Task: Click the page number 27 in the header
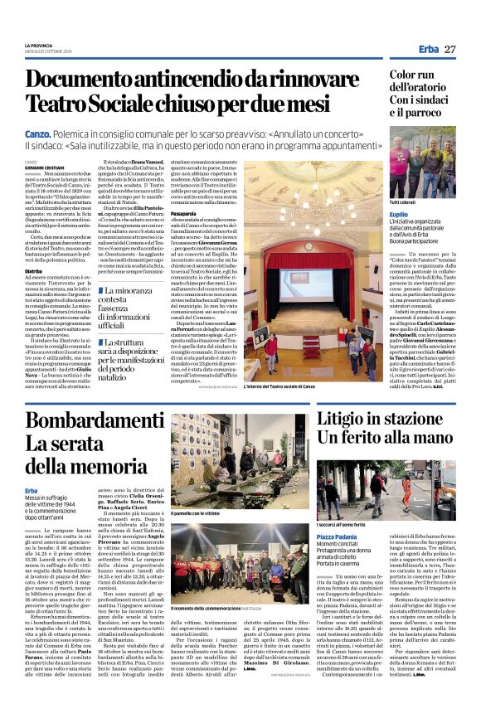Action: pos(449,50)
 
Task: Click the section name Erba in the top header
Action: pos(429,50)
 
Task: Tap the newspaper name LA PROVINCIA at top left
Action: pos(40,46)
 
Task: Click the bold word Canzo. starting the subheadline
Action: pos(37,133)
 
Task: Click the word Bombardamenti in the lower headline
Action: pos(95,421)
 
